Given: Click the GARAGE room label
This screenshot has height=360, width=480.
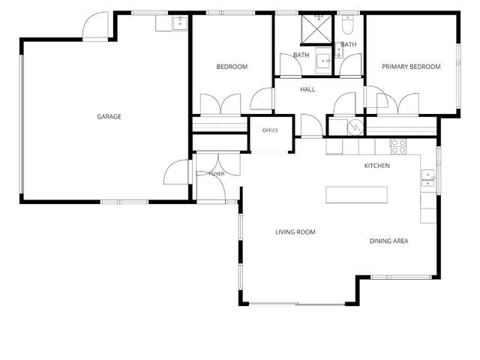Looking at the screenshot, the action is click(109, 117).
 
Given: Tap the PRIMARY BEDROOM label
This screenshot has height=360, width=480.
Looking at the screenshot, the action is click(411, 67).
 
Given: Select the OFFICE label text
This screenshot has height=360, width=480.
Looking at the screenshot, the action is click(270, 130).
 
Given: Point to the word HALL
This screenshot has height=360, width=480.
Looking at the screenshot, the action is click(307, 89).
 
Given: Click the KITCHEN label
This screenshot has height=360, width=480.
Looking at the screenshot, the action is click(377, 166).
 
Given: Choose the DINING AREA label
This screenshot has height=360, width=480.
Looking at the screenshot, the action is click(388, 241).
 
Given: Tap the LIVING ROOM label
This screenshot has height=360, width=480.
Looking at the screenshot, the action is click(295, 232).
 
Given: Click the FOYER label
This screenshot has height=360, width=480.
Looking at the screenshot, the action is click(217, 174).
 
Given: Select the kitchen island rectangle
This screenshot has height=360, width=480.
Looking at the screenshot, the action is click(357, 195).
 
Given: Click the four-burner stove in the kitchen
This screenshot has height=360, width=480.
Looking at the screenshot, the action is click(398, 147).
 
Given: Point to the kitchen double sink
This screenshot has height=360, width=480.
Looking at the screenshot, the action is click(428, 178).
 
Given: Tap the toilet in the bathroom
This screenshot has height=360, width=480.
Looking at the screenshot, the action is click(348, 25).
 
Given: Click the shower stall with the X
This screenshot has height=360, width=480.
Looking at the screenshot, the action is click(316, 28).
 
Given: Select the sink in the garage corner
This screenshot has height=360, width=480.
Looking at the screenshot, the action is click(180, 23).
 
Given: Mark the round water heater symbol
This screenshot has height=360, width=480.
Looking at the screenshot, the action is click(355, 127).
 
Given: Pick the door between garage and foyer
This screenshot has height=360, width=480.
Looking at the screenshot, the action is click(177, 172).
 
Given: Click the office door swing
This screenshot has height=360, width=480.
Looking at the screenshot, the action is click(312, 125).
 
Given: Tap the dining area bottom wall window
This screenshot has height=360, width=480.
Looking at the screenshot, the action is click(402, 277).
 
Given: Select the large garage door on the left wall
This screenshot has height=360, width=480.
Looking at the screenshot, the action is click(22, 124).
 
